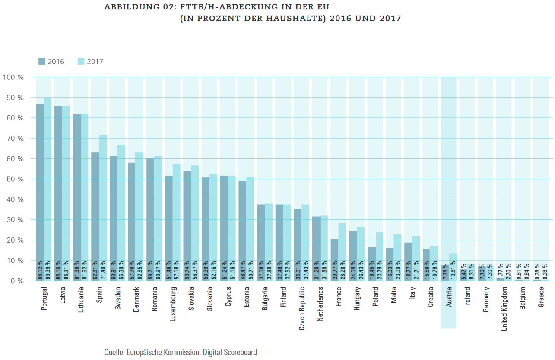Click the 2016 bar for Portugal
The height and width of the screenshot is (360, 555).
coord(40,181)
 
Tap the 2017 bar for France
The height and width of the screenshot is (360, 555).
coord(342,242)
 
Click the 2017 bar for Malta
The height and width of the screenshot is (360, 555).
coord(397,250)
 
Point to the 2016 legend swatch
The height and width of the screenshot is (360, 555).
coord(41,61)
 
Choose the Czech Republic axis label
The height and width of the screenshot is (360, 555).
coord(301,307)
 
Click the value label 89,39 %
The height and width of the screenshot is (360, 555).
coord(47,270)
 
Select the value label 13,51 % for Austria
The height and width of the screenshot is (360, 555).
coord(453,270)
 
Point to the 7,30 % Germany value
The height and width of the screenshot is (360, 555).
coord(490,271)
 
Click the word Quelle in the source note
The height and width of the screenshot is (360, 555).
coord(114,352)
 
